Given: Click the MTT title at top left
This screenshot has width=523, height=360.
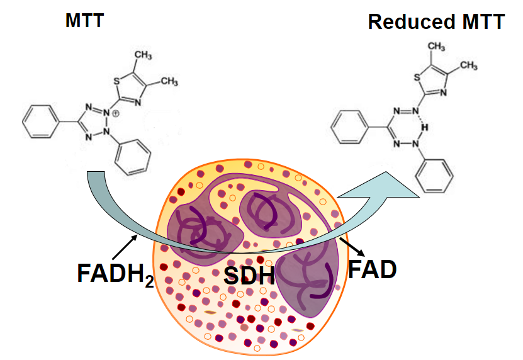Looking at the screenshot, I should pos(84,21).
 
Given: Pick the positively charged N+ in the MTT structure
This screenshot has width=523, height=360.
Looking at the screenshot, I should pos(113,114).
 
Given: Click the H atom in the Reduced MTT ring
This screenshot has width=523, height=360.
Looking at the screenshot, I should pos(425,127).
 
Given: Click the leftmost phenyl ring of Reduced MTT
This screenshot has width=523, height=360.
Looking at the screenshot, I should pos(352,127).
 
